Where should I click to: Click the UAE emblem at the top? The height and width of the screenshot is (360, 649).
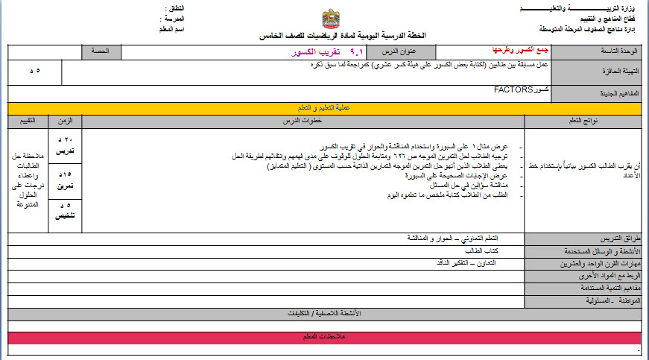tap(331, 19)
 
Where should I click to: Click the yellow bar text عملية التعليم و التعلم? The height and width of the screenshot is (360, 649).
tap(326, 108)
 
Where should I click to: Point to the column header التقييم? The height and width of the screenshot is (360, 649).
tap(28, 120)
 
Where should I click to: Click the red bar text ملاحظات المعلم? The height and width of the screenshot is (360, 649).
tap(326, 338)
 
